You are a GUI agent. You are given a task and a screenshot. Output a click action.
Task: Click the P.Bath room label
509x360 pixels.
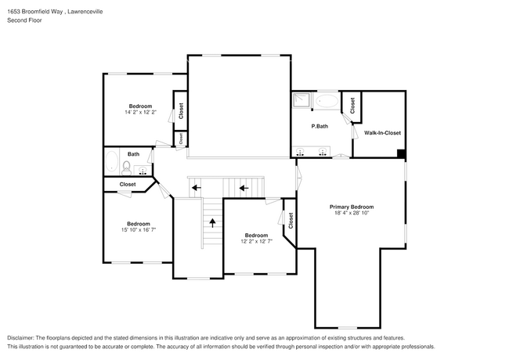[319, 126]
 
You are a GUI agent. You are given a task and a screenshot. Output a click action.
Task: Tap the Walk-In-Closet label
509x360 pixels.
[382, 133]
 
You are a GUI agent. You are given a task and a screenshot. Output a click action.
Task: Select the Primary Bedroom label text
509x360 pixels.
[351, 206]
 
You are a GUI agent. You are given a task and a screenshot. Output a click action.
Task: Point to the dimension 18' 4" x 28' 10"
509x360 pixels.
[351, 213]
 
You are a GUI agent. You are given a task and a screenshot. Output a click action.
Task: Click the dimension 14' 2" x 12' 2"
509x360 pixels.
[140, 113]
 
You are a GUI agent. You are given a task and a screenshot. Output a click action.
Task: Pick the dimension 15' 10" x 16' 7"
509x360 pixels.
[138, 229]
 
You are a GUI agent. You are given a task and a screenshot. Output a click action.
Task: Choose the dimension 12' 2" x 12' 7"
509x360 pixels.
[256, 242]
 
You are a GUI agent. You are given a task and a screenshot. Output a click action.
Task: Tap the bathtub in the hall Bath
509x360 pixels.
[110, 165]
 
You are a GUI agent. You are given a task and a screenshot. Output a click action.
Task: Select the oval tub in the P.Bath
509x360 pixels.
[327, 101]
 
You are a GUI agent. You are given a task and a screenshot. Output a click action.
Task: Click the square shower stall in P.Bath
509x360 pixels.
[302, 100]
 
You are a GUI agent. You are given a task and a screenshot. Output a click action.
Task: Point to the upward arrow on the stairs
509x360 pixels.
[211, 222]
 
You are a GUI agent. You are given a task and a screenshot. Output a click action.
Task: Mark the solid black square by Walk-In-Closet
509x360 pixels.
[402, 153]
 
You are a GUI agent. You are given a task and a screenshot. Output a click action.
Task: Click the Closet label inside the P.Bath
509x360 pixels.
[352, 105]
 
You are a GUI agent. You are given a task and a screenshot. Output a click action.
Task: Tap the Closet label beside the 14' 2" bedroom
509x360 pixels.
[181, 111]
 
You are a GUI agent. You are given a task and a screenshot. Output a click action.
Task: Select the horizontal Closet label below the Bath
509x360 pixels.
[127, 185]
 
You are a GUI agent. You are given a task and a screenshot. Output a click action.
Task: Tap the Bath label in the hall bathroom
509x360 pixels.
[134, 154]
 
